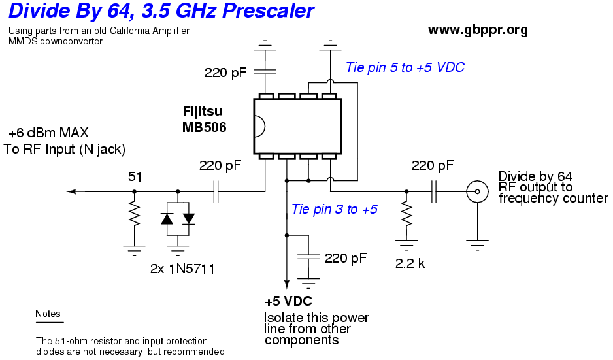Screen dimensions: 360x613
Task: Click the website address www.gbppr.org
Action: click(x=478, y=30)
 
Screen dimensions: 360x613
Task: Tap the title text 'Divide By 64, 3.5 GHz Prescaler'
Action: click(x=161, y=11)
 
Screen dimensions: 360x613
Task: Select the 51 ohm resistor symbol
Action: click(x=134, y=214)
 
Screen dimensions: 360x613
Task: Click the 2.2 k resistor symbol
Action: click(x=406, y=214)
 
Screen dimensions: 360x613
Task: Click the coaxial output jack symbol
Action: click(x=478, y=191)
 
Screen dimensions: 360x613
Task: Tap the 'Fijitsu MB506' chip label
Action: click(x=205, y=121)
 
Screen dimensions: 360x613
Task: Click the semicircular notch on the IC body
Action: click(x=259, y=127)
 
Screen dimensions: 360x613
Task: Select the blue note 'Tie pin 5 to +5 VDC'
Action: click(x=405, y=67)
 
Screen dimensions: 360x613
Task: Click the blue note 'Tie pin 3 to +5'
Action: click(x=334, y=210)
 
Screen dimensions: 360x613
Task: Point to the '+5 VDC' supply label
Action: click(x=288, y=302)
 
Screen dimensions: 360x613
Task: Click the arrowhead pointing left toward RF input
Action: click(x=72, y=191)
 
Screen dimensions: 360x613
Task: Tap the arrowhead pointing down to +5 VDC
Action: click(x=286, y=283)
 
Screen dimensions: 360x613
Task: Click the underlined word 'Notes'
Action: click(x=48, y=314)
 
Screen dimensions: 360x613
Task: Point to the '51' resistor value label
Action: click(x=135, y=176)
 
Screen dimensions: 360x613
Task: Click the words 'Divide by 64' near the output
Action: click(x=535, y=176)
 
